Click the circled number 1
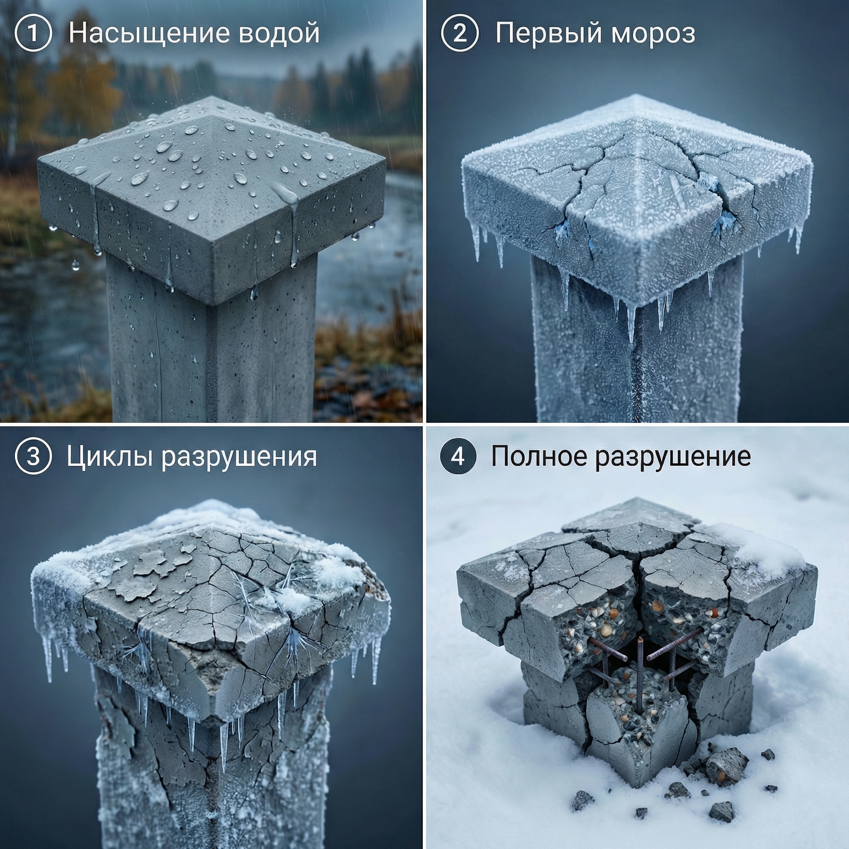pos(33,34)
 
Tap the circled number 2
pos(460,34)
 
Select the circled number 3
pos(33,456)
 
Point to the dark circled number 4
pos(458,456)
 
